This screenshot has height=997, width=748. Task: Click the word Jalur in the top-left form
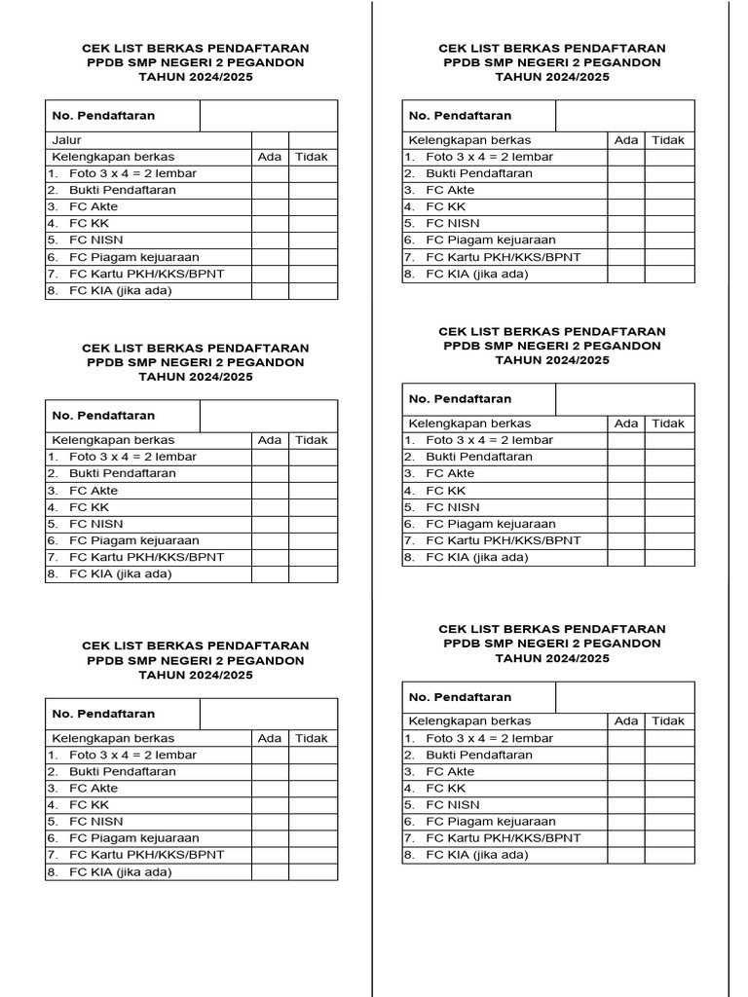(x=66, y=140)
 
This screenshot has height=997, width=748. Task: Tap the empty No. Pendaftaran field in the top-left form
(x=269, y=116)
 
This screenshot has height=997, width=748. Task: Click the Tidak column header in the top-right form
(x=668, y=140)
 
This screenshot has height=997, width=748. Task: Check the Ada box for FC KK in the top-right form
(x=626, y=207)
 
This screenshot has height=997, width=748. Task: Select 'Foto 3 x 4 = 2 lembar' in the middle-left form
(x=132, y=457)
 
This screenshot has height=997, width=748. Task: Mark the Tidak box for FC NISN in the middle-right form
(x=669, y=507)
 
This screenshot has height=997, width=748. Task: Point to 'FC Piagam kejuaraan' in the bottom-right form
(x=491, y=822)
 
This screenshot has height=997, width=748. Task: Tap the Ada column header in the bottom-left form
(x=270, y=739)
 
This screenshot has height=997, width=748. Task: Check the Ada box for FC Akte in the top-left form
(x=270, y=207)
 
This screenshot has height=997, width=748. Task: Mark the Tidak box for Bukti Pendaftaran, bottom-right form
(x=669, y=756)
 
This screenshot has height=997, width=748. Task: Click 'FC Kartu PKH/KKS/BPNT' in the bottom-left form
(x=146, y=855)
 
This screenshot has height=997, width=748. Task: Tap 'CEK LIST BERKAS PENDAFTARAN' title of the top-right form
(x=552, y=48)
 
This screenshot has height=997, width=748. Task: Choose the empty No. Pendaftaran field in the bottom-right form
(x=625, y=697)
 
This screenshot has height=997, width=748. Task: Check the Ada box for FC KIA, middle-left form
(x=270, y=574)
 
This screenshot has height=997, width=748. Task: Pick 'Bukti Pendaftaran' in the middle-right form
(x=479, y=457)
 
